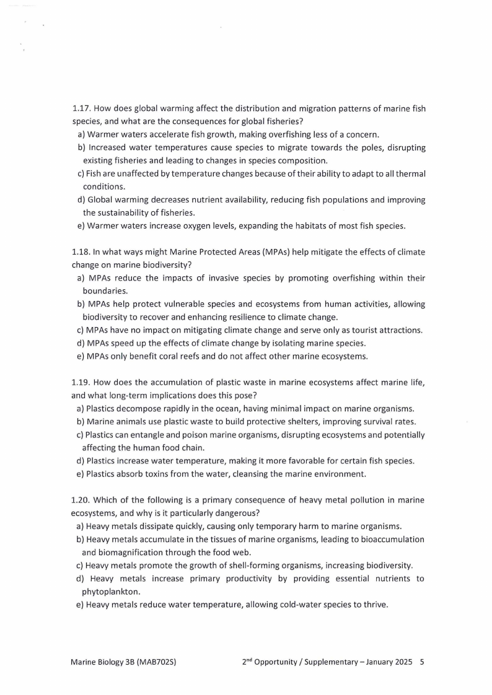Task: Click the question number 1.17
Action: click(x=82, y=108)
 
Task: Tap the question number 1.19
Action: click(x=82, y=383)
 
